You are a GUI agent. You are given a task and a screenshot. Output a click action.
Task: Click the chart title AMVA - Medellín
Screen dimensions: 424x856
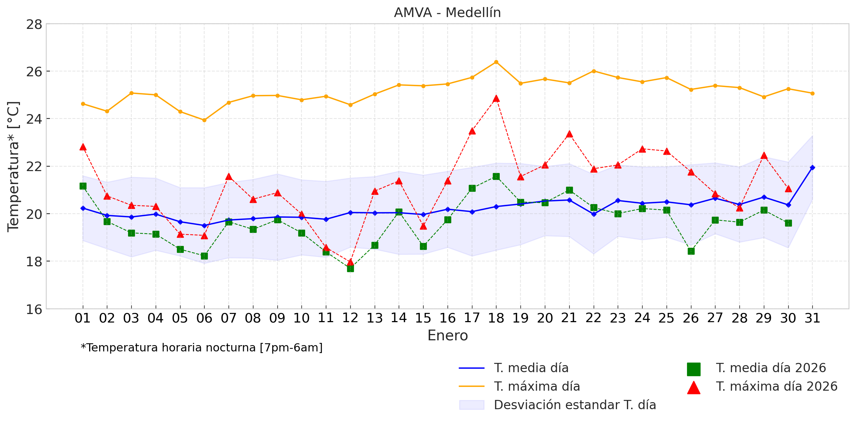click(447, 13)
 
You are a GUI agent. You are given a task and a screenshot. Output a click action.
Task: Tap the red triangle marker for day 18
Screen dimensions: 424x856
click(496, 99)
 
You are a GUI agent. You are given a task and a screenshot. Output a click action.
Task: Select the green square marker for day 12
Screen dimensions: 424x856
click(350, 268)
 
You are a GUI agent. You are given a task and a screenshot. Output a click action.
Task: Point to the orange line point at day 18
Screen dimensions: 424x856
click(496, 62)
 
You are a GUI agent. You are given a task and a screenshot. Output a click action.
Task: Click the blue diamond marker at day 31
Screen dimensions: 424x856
click(812, 168)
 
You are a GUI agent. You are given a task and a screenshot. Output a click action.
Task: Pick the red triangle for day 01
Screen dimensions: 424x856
click(83, 147)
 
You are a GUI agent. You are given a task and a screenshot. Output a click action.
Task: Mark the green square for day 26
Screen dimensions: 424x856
click(691, 251)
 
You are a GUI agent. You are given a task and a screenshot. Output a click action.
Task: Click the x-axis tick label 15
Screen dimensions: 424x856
click(423, 318)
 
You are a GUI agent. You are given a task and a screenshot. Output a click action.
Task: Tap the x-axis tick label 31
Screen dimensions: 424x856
click(812, 318)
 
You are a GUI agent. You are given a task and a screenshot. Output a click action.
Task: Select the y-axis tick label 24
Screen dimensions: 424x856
click(34, 119)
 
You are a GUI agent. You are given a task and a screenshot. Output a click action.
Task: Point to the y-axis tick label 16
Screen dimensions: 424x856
click(34, 309)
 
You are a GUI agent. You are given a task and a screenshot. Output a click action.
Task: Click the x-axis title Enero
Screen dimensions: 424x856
click(448, 335)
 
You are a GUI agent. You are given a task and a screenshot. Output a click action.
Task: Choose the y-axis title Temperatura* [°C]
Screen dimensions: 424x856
click(13, 167)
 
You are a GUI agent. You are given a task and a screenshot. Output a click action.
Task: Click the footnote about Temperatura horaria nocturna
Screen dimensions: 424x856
click(202, 348)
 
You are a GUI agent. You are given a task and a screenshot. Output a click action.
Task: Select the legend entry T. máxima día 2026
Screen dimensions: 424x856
click(776, 386)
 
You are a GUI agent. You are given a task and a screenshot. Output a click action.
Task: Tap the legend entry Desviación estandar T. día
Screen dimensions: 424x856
click(575, 405)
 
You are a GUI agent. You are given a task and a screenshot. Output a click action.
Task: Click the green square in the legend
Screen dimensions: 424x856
click(694, 369)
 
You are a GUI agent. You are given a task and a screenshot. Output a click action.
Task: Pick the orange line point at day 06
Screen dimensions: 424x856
click(204, 120)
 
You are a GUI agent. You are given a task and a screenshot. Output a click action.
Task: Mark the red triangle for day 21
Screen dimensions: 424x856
click(569, 134)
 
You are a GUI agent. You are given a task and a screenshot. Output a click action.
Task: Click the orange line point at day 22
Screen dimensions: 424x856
click(594, 71)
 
